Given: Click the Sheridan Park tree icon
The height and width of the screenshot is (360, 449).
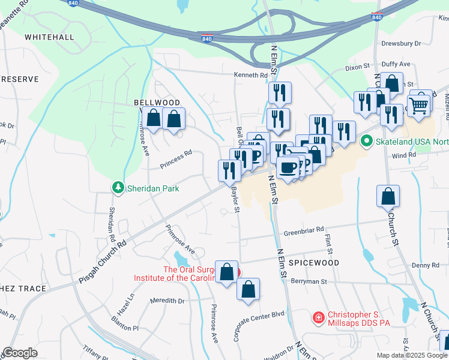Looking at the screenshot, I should pyautogui.click(x=118, y=188).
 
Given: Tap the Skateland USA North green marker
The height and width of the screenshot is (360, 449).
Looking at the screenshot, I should pyautogui.click(x=366, y=142).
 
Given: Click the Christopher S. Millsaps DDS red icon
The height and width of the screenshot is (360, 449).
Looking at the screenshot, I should pyautogui.click(x=318, y=316).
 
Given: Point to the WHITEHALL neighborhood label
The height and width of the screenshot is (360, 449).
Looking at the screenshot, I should pyautogui.click(x=49, y=37).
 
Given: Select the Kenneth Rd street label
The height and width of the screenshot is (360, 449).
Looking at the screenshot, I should pyautogui.click(x=250, y=75).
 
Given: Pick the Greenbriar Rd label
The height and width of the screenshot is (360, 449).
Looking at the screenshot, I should pyautogui.click(x=304, y=229).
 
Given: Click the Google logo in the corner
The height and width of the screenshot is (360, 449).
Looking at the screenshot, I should pyautogui.click(x=20, y=353).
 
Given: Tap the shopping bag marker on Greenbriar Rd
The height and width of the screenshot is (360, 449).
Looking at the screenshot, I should pyautogui.click(x=388, y=196).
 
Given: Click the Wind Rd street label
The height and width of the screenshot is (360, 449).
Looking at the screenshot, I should pyautogui.click(x=404, y=155).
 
